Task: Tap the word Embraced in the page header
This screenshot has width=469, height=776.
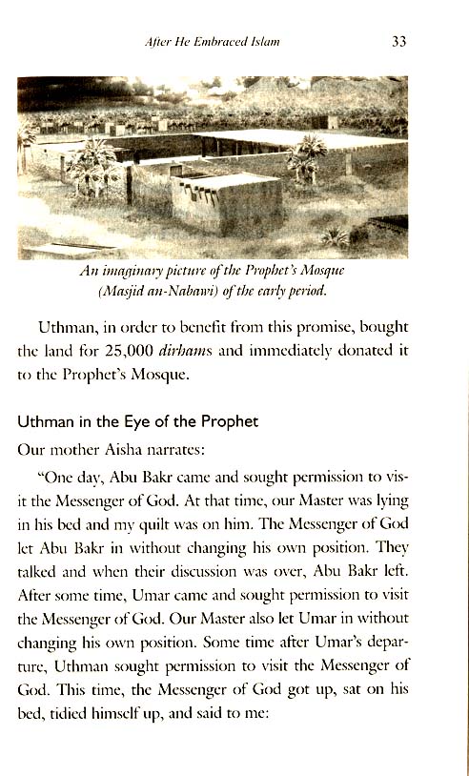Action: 226,42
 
